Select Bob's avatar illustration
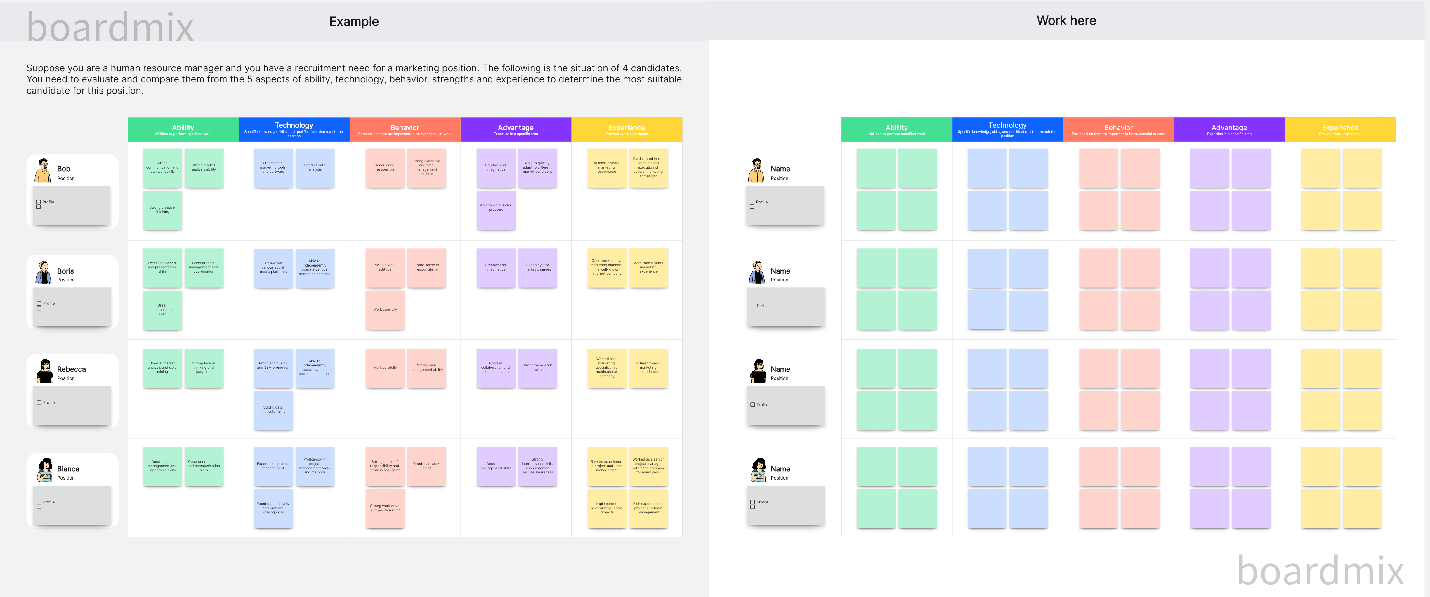click(43, 170)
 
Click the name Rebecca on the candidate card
click(71, 369)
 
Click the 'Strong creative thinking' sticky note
click(162, 210)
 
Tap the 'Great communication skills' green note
click(162, 310)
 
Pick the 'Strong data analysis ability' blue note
click(273, 410)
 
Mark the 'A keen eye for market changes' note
click(537, 268)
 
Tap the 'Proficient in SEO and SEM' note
click(273, 368)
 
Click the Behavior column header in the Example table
click(405, 129)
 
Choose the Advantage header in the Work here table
click(1229, 129)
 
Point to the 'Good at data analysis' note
click(315, 168)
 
